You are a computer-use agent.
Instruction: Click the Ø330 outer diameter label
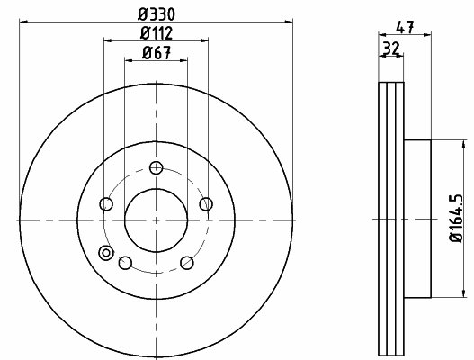[x=157, y=14]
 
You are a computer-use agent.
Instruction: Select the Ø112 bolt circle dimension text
[x=157, y=33]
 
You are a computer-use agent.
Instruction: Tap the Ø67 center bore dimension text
[x=157, y=52]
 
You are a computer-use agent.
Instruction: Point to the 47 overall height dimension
[x=405, y=27]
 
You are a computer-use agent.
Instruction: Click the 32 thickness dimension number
[x=391, y=49]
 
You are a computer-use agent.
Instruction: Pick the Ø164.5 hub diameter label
[x=456, y=218]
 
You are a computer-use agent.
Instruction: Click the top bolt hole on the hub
[x=156, y=167]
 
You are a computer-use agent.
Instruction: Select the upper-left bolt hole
[x=106, y=203]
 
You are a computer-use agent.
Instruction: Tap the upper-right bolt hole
[x=206, y=203]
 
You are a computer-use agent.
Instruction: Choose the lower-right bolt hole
[x=187, y=263]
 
